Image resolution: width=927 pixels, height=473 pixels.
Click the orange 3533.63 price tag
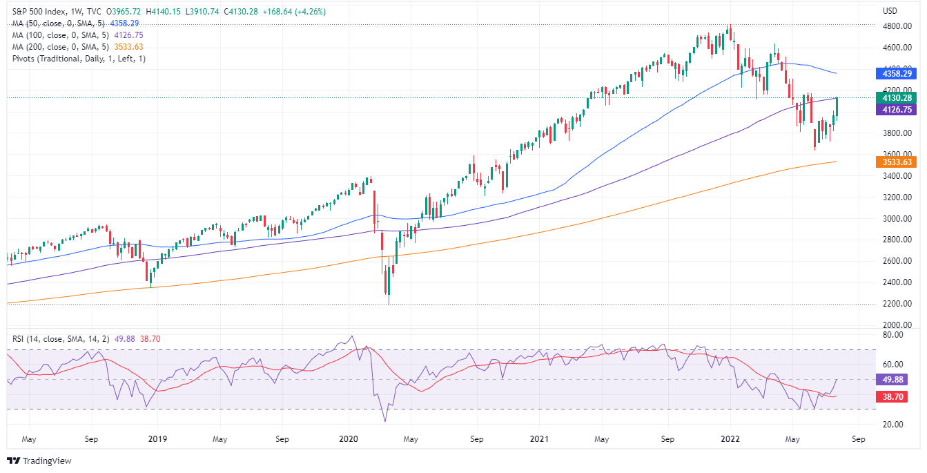tap(895, 162)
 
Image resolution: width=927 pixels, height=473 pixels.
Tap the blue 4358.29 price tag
tap(895, 73)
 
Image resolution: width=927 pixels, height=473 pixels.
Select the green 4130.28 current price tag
tap(895, 98)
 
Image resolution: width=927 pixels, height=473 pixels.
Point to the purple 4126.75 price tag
tap(895, 109)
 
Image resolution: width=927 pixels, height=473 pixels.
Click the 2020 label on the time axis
tap(348, 438)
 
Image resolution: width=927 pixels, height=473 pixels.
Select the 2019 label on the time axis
tap(157, 438)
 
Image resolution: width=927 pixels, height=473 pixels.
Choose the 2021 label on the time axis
tap(539, 438)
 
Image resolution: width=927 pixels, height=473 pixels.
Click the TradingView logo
tap(39, 461)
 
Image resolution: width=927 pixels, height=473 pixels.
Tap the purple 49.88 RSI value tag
tap(895, 379)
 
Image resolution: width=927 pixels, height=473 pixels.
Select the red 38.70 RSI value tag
tap(895, 396)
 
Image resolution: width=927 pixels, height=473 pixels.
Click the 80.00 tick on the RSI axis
tap(892, 335)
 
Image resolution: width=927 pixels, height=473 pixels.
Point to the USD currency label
tap(890, 11)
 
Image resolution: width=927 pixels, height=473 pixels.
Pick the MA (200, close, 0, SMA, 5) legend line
tap(59, 47)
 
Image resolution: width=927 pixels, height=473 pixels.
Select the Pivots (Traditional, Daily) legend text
tap(79, 59)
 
